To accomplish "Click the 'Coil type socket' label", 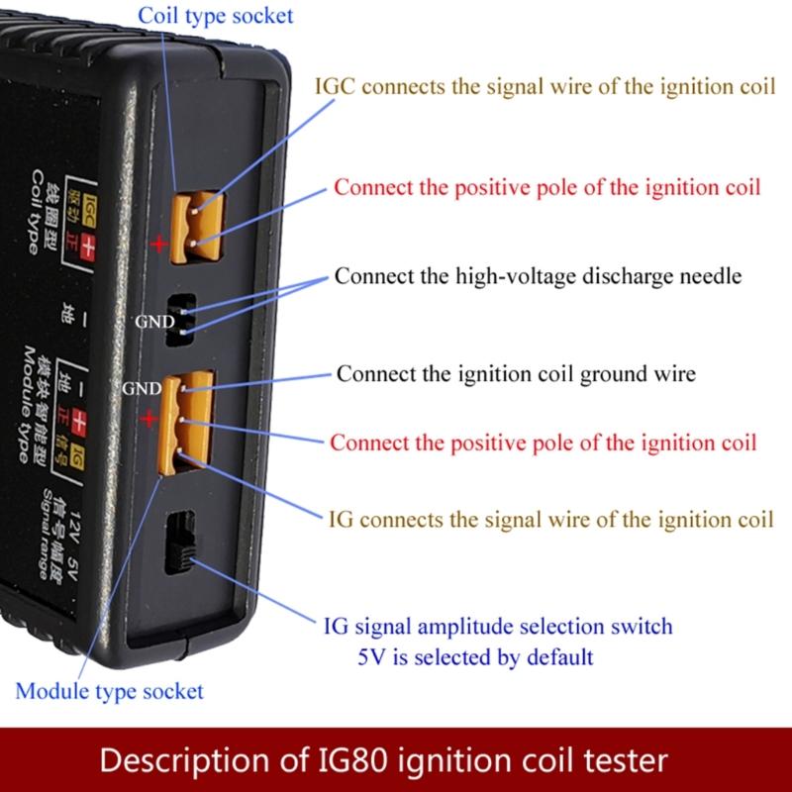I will tap(216, 16).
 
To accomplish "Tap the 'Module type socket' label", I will tap(109, 690).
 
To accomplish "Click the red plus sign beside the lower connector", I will tap(148, 420).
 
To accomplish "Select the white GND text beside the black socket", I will tap(156, 322).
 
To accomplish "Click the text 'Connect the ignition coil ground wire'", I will tap(516, 374).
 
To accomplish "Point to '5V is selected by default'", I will tap(475, 655).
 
